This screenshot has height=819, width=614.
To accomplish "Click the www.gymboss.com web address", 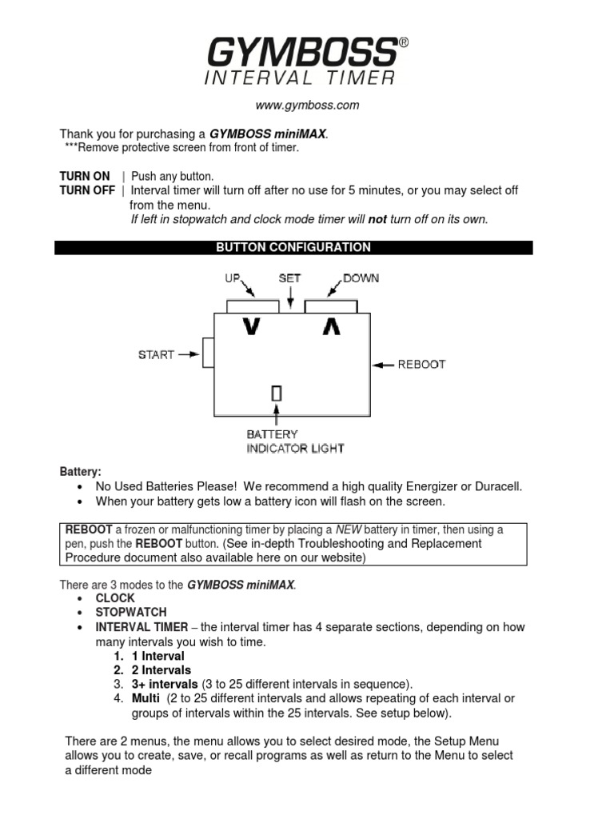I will pyautogui.click(x=307, y=105).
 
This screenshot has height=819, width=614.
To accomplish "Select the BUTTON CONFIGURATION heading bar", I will pyautogui.click(x=293, y=248).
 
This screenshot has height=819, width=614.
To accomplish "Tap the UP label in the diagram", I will pyautogui.click(x=232, y=278).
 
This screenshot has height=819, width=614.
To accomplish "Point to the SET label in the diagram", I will pyautogui.click(x=289, y=278).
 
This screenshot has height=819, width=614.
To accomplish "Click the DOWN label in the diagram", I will pyautogui.click(x=361, y=278).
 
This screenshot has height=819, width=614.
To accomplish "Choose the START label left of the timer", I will pyautogui.click(x=156, y=354).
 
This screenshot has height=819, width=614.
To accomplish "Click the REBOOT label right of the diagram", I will pyautogui.click(x=421, y=364).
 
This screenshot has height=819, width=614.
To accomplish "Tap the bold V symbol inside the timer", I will pyautogui.click(x=251, y=327).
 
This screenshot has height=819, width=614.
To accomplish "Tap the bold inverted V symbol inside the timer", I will pyautogui.click(x=331, y=327).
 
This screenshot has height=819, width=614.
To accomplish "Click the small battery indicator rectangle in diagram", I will pyautogui.click(x=277, y=394).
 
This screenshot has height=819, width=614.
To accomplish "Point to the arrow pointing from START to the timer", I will pyautogui.click(x=189, y=354).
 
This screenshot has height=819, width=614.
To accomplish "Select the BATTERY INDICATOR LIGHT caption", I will pyautogui.click(x=295, y=441).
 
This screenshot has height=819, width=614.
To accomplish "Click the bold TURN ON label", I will pyautogui.click(x=84, y=176).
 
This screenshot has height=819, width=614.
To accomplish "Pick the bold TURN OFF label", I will pyautogui.click(x=86, y=190).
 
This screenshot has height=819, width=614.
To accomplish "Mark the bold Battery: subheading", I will pyautogui.click(x=81, y=472).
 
